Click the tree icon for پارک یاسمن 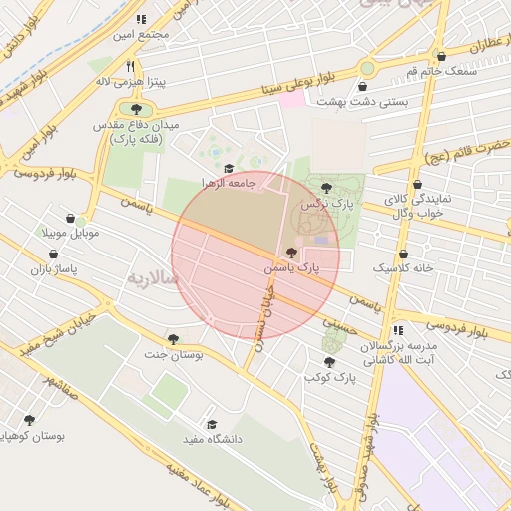[291, 254]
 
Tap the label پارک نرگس [329, 203]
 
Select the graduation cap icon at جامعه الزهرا [229, 169]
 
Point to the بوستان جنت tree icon [174, 339]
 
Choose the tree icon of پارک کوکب [329, 362]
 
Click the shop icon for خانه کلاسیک [403, 255]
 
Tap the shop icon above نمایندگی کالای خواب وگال [416, 185]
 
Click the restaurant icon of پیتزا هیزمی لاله [130, 66]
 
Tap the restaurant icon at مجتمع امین [141, 19]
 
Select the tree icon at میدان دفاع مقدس [134, 107]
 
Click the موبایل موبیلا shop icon [69, 218]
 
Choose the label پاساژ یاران [52, 269]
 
